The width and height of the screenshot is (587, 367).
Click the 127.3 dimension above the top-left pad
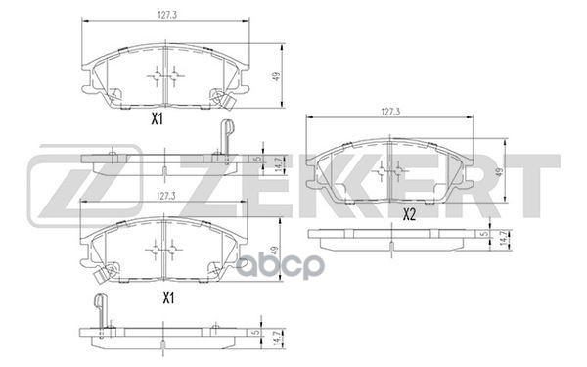[164, 15]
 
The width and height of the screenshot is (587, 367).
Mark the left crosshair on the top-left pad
[157, 76]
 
